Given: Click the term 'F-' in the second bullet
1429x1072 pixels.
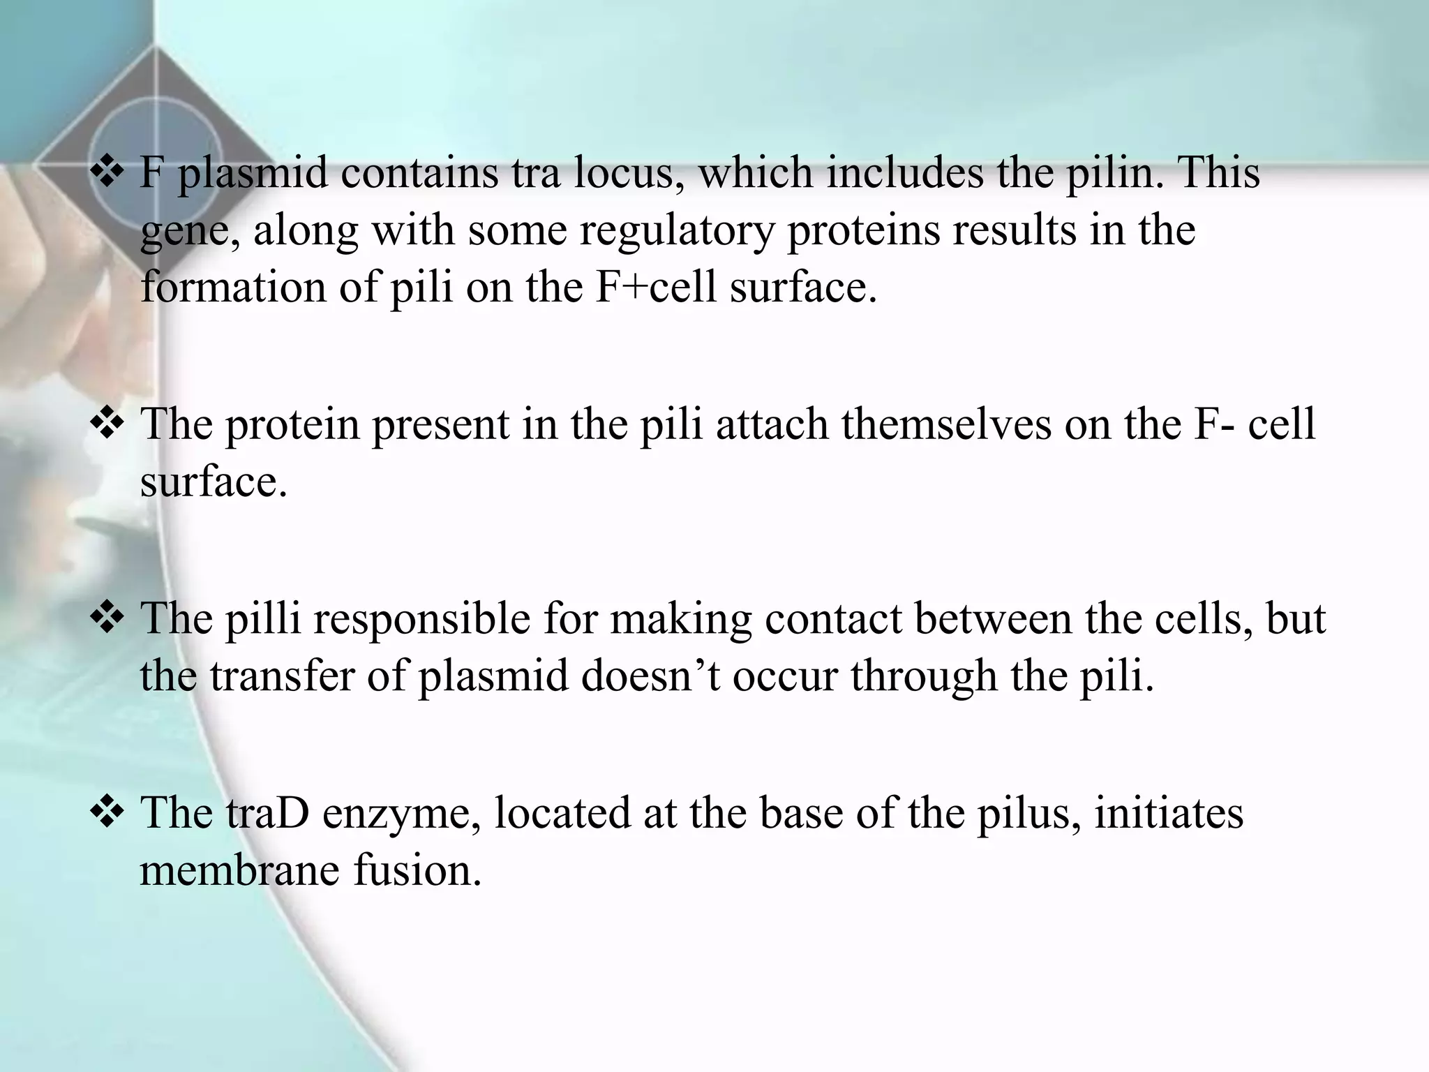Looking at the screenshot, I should pyautogui.click(x=1213, y=424).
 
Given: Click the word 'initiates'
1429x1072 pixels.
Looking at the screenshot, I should pyautogui.click(x=1169, y=813).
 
